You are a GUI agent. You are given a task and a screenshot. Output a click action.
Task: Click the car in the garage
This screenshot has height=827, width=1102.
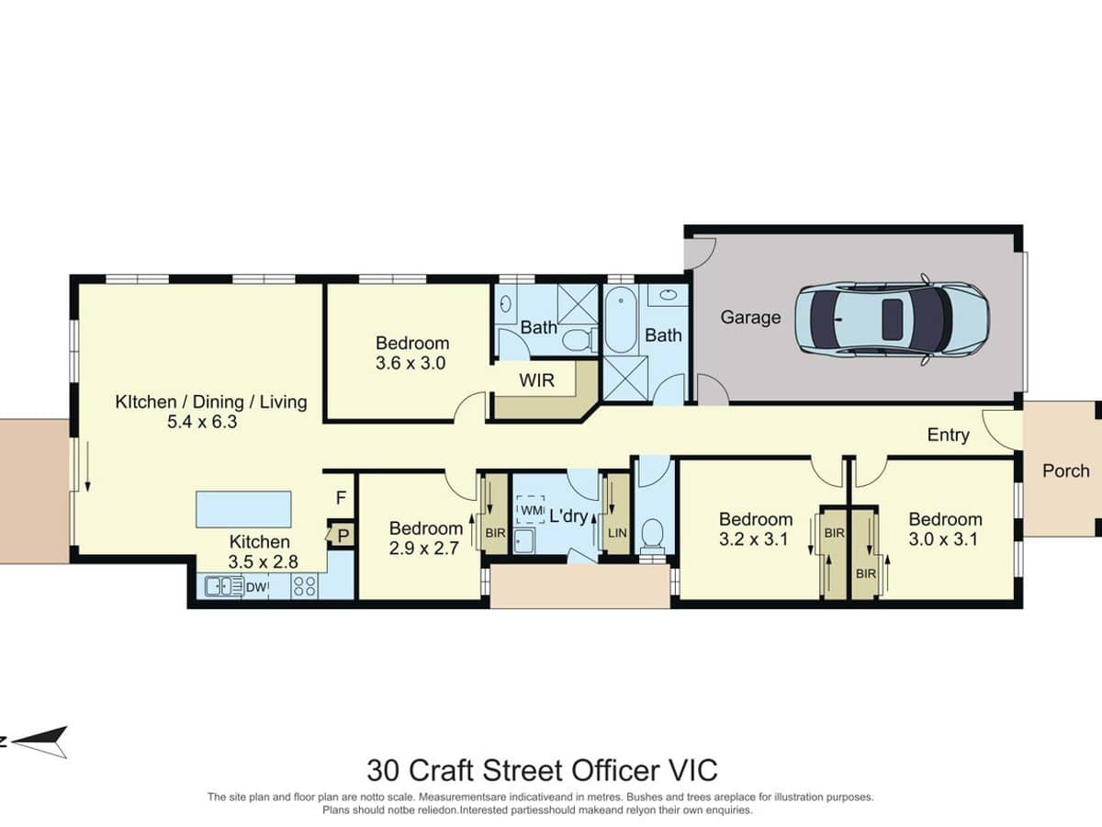(x=892, y=318)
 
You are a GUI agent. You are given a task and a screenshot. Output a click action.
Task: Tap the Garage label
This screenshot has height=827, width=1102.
(x=750, y=317)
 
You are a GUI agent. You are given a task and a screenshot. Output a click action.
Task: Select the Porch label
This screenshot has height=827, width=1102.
(x=1065, y=470)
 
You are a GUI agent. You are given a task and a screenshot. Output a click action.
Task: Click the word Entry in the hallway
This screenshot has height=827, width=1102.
(x=948, y=435)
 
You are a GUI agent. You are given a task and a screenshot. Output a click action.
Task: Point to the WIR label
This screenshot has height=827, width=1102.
(x=536, y=380)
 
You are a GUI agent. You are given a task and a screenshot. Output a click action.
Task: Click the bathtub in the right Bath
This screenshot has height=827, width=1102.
(x=619, y=322)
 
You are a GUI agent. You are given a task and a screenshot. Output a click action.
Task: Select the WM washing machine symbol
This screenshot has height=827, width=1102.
(x=531, y=509)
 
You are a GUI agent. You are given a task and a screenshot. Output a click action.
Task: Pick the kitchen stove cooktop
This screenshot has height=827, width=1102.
(x=304, y=585)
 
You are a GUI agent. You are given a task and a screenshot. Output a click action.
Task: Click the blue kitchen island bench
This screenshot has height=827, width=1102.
(x=243, y=508)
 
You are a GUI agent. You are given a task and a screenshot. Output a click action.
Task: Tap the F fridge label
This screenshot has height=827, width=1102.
(x=341, y=498)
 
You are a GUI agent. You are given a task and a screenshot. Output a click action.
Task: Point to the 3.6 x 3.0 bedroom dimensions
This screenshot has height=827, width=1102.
(x=411, y=363)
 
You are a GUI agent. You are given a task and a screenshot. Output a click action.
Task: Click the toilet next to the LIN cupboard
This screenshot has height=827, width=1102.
(x=654, y=533)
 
